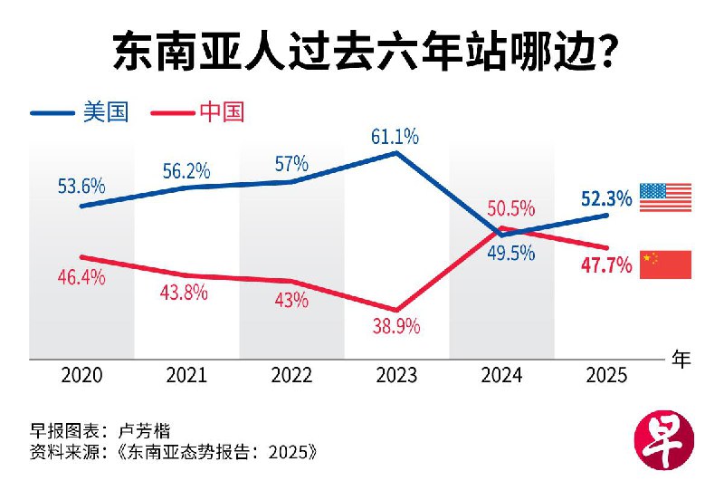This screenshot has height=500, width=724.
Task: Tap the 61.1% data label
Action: pos(395,137)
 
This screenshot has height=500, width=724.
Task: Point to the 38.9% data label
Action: pos(395,327)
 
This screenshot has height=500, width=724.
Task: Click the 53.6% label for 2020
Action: pos(81,187)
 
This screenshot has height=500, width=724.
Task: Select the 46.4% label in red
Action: pos(81,277)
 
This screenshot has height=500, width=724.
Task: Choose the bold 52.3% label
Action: pos(607,197)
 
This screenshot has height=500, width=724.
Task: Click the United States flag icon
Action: pos(665,197)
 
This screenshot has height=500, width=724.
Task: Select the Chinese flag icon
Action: pos(665,264)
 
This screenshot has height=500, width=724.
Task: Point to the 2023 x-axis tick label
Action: pos(395,376)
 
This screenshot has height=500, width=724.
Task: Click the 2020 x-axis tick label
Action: pos(81,376)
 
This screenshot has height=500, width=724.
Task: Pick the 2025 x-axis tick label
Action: pos(606,376)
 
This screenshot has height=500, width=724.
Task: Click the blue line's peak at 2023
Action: pos(396,152)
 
